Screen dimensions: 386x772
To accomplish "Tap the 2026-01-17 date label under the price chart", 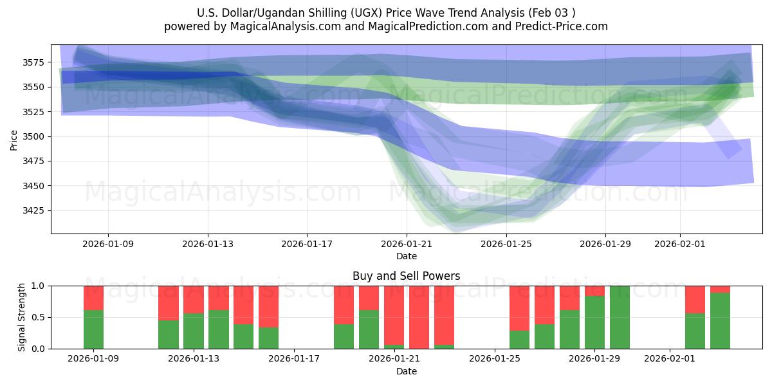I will point(307,244).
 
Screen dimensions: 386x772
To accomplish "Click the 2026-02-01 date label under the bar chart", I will point(670,359).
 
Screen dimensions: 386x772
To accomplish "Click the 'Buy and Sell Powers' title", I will point(406,276).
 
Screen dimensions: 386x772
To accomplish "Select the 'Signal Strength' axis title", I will point(21,317).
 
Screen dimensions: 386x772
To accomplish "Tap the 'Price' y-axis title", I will point(14,139).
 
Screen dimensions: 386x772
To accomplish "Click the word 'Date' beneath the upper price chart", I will point(406,256).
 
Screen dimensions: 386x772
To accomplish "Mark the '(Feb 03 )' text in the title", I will point(546,13).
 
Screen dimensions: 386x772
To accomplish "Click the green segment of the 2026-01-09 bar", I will point(93,329).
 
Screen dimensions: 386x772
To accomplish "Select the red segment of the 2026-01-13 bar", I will point(194,299).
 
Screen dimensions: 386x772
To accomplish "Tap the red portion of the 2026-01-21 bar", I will point(394,315).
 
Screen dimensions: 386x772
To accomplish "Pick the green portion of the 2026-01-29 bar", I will point(594,322).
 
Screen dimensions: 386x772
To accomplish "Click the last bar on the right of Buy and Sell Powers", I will point(720,321).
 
